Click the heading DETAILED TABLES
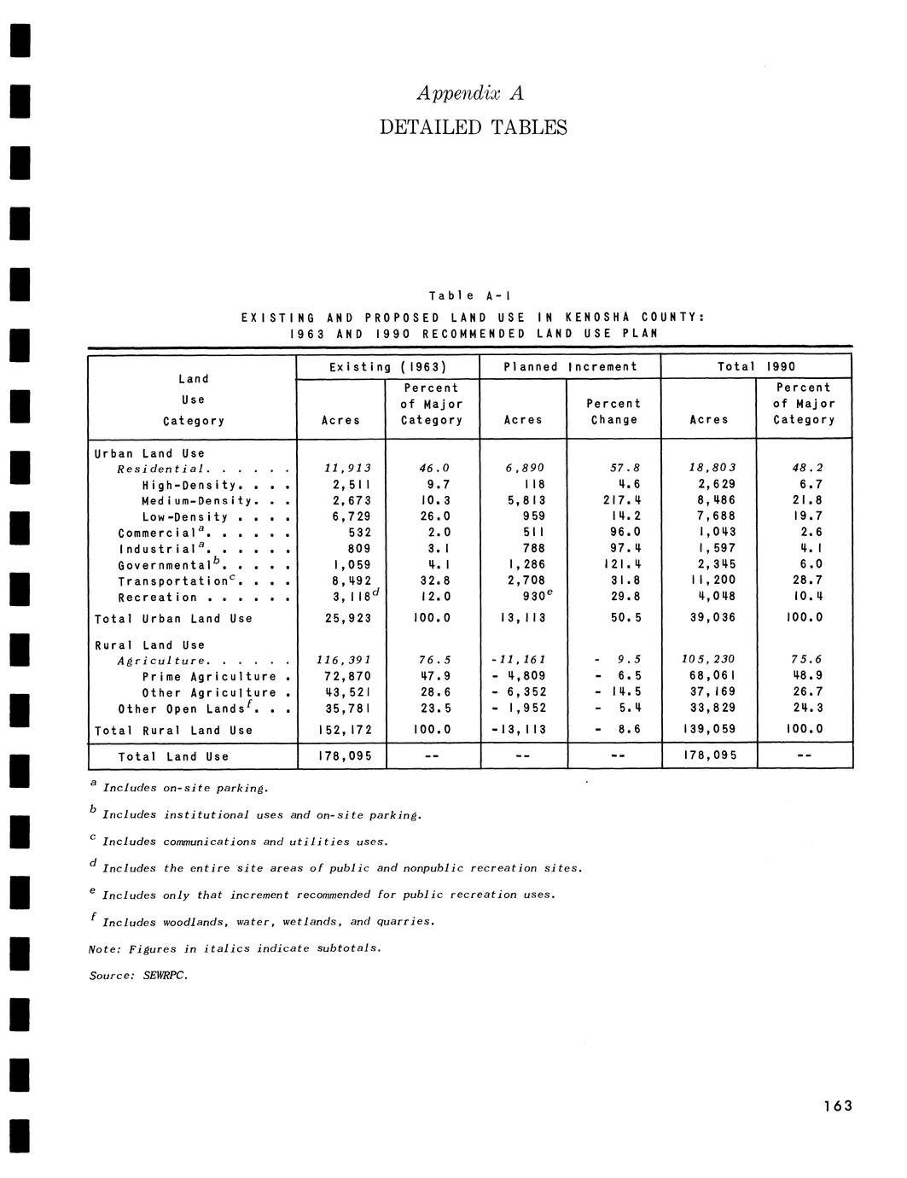click(x=473, y=128)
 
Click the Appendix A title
click(x=472, y=92)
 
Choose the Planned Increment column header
click(x=570, y=367)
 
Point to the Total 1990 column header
click(x=756, y=367)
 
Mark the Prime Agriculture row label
click(x=210, y=677)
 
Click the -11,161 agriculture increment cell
click(x=523, y=660)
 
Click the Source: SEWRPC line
click(x=138, y=975)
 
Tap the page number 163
click(x=837, y=1106)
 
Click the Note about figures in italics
click(x=235, y=948)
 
